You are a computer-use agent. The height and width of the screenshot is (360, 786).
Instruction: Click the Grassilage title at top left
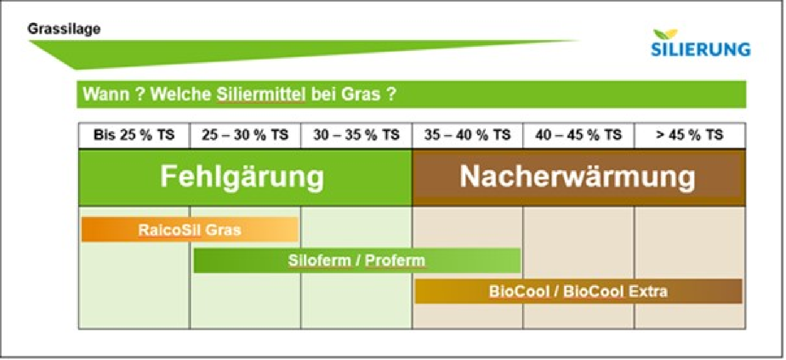[64, 28]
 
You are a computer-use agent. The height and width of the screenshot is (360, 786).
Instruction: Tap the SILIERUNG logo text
[701, 49]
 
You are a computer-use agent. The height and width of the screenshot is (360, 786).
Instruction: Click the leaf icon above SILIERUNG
[665, 34]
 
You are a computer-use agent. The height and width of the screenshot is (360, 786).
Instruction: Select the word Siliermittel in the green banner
[261, 94]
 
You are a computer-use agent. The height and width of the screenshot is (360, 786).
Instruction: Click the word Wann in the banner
[106, 94]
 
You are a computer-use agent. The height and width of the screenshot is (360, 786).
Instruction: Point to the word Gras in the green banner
[361, 94]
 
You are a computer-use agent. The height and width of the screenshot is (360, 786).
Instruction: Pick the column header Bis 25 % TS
[134, 135]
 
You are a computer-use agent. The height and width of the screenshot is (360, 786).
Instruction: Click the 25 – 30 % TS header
[245, 135]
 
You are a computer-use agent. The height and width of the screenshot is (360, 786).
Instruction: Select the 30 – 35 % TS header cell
[356, 135]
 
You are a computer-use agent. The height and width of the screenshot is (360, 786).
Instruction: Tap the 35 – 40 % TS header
[467, 135]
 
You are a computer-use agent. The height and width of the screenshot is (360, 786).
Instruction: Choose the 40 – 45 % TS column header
[579, 135]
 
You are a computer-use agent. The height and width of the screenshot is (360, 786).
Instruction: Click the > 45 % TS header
[690, 135]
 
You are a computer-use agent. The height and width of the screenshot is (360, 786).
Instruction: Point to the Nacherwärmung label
[578, 176]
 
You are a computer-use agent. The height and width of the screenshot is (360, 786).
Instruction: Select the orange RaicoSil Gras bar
[190, 230]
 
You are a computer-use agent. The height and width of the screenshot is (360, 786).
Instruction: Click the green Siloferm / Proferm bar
[357, 260]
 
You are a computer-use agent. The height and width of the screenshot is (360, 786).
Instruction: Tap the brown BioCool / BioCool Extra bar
[578, 291]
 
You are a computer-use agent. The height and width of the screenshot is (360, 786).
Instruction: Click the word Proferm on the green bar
[395, 260]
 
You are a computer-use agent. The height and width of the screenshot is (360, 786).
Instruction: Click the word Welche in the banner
[181, 94]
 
